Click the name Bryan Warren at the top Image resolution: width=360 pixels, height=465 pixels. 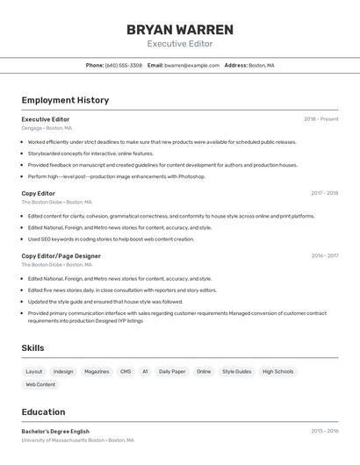[x=180, y=29]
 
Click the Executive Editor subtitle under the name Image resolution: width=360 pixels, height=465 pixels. [x=180, y=44]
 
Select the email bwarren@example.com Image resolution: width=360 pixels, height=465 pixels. [x=191, y=65]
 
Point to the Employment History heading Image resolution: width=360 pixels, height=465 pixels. [x=65, y=100]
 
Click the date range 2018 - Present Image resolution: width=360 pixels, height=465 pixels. [x=321, y=118]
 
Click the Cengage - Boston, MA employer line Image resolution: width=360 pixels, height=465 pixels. [x=47, y=128]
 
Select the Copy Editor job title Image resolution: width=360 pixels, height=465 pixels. [x=39, y=193]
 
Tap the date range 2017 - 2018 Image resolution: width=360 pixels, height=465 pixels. [x=324, y=193]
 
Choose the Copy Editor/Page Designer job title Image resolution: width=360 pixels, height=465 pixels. [x=61, y=256]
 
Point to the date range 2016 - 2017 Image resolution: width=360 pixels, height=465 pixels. [x=324, y=256]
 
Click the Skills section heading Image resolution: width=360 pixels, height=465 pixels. [x=32, y=348]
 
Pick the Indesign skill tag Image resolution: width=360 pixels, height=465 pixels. [x=63, y=371]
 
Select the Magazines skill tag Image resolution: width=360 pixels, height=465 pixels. [x=97, y=371]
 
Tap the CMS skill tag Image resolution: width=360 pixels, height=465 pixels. [x=126, y=371]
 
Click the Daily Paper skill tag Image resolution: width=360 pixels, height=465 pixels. [x=172, y=371]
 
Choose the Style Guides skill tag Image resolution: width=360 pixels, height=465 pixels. [x=236, y=371]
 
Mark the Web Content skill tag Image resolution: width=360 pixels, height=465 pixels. [x=40, y=384]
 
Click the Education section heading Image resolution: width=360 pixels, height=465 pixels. [x=43, y=411]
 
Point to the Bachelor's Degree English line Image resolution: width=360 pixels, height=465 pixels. [x=55, y=431]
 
